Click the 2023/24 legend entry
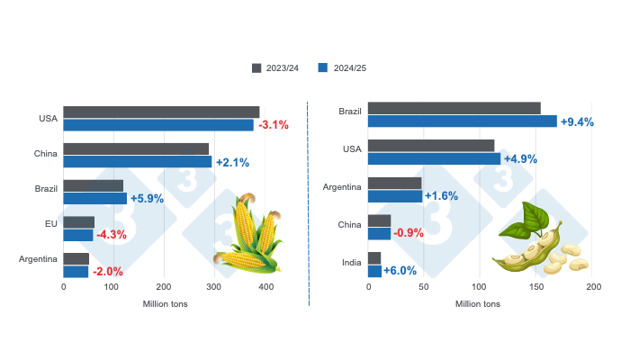coord(276,67)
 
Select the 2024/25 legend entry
coord(342,67)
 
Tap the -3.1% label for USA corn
coord(273,125)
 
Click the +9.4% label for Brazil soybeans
coord(577,121)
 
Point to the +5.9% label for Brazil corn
coord(147,198)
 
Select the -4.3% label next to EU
coord(112,235)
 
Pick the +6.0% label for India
coord(400,271)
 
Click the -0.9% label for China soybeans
coord(409,234)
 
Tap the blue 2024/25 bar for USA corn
coord(158,125)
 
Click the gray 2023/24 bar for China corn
coord(136,149)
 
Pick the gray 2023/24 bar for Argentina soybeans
coord(395,184)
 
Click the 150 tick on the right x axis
coord(537,287)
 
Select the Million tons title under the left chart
coord(166,304)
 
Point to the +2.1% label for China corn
coord(232,162)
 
